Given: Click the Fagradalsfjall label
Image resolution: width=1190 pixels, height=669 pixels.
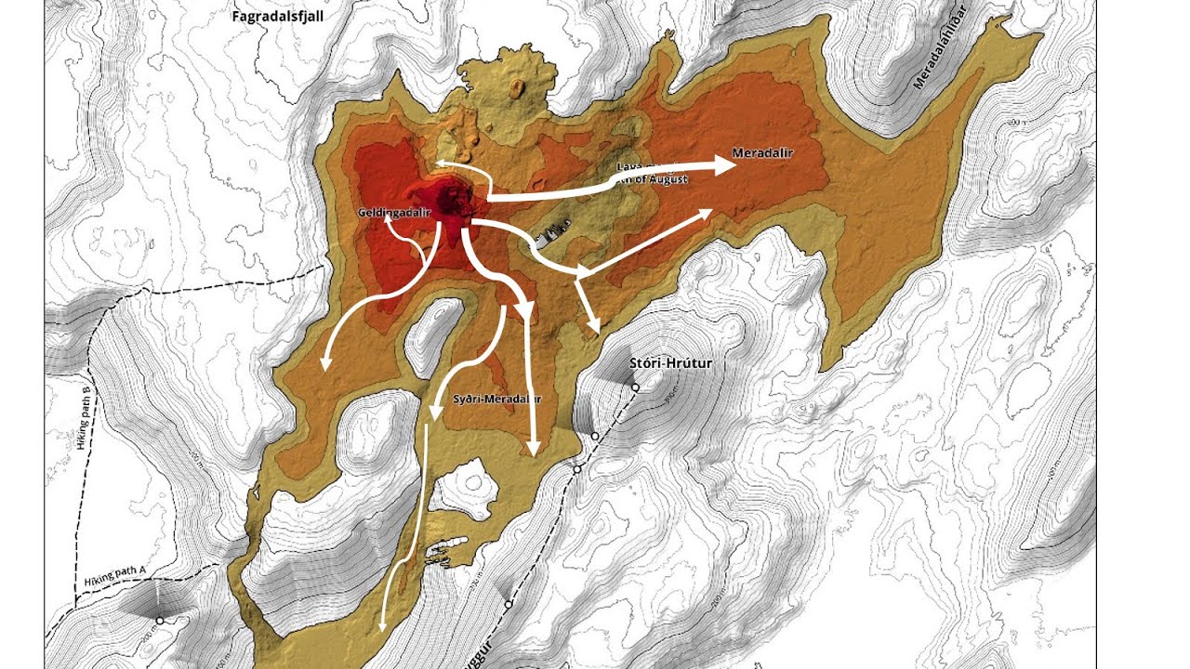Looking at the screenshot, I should (x=277, y=16).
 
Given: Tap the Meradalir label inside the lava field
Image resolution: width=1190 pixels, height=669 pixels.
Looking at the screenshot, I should (x=762, y=152).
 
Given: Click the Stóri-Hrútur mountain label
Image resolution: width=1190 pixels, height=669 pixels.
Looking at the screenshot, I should (x=670, y=363).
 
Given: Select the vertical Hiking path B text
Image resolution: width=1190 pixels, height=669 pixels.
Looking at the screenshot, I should (x=86, y=419).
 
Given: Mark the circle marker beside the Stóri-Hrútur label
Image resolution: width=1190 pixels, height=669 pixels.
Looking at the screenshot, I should (x=635, y=387).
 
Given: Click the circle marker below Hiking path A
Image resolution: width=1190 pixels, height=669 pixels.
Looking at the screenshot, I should (x=160, y=620).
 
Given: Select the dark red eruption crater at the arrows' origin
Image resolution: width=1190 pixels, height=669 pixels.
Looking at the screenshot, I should (x=456, y=201).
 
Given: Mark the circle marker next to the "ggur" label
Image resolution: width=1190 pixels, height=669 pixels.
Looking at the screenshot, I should (x=509, y=604).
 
